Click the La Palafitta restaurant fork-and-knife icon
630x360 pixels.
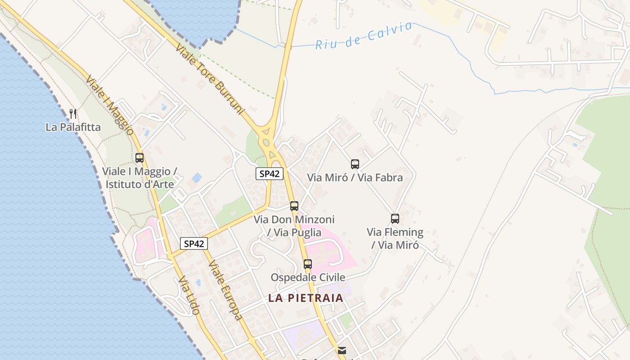tap(73, 113)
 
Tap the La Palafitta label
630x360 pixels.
tap(73, 127)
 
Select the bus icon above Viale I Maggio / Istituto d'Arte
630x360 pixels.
tap(139, 158)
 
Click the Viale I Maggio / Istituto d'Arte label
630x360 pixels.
tap(139, 178)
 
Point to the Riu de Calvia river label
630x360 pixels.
tap(364, 35)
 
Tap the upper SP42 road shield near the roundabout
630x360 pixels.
tap(270, 174)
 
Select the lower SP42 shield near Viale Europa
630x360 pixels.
tap(194, 244)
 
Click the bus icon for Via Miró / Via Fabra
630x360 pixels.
tap(355, 164)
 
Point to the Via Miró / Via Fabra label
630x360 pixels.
tap(355, 178)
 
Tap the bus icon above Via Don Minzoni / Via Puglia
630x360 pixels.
tap(294, 206)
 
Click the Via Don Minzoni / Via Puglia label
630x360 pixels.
tap(294, 226)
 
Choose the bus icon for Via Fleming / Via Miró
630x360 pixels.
tap(395, 219)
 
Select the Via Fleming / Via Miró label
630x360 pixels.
tap(395, 238)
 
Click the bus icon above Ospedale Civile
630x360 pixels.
tap(308, 264)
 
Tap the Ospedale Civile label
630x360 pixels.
tap(308, 277)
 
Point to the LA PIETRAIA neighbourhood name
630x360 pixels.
tap(306, 298)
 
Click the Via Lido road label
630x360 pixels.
tap(189, 296)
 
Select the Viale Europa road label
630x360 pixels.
tap(225, 290)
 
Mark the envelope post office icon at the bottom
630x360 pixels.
tap(342, 350)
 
